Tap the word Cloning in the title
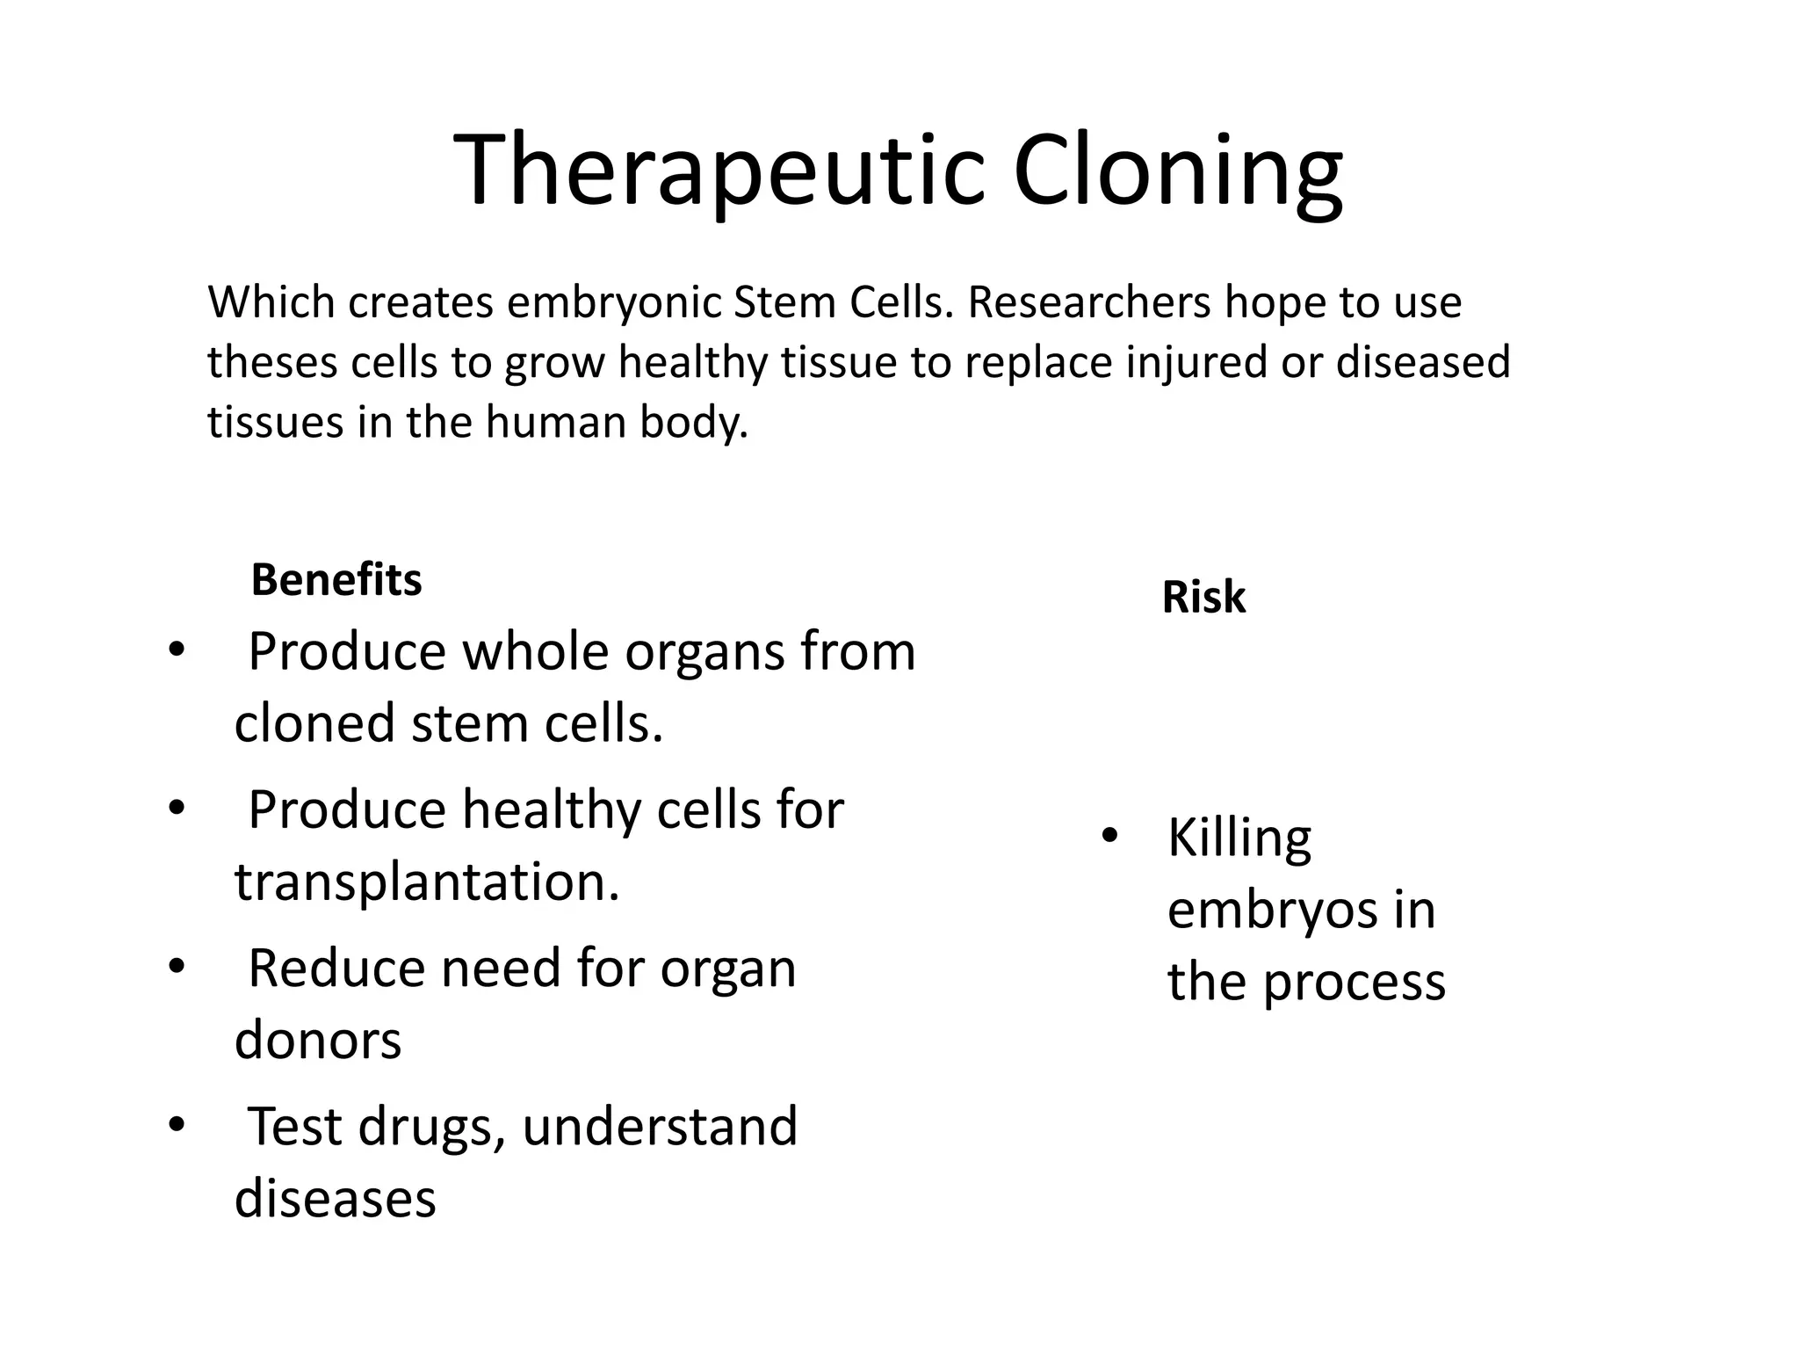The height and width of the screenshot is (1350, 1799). click(x=1177, y=169)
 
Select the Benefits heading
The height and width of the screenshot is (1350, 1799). click(x=336, y=580)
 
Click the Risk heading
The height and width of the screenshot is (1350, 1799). click(x=1203, y=598)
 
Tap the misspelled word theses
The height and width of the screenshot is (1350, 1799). click(x=272, y=362)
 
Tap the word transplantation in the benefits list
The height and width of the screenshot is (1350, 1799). click(x=427, y=882)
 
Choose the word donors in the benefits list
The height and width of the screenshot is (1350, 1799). click(x=318, y=1040)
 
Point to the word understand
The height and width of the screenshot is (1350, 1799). click(x=660, y=1127)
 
